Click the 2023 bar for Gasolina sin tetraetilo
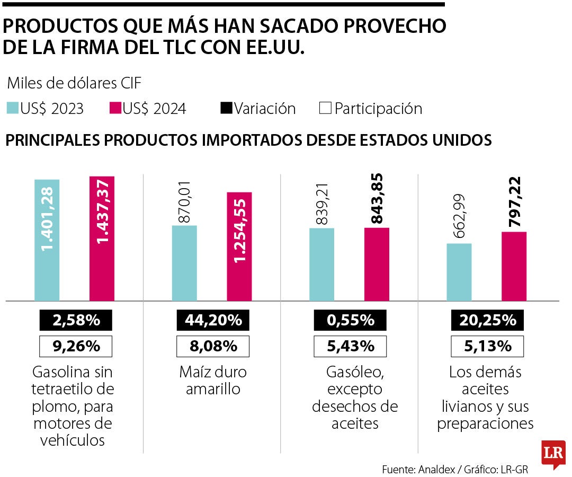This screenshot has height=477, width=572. pos(47,240)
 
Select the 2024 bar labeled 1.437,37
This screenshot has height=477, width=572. pos(102,238)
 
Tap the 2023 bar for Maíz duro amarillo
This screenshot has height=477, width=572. pos(184,263)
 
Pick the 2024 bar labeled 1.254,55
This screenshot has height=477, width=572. pos(239,246)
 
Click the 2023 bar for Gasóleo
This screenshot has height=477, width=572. pos(321,264)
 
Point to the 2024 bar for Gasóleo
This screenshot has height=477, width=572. pos(377,264)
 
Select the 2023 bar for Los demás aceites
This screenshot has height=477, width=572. pos(459,272)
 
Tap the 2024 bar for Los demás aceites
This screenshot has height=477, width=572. pos(514,266)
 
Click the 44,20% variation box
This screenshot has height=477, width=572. pos(213,320)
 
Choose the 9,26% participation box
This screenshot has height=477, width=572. pos(76,347)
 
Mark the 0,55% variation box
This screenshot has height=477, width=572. pos(350,320)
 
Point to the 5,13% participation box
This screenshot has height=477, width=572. pos(487,347)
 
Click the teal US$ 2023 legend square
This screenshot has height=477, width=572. pos(12,108)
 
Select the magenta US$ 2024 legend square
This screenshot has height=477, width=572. pos(115,108)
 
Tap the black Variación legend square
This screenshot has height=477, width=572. pos(226,108)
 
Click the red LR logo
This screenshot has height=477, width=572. pos(553,453)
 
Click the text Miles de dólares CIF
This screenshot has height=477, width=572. pos(74,83)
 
